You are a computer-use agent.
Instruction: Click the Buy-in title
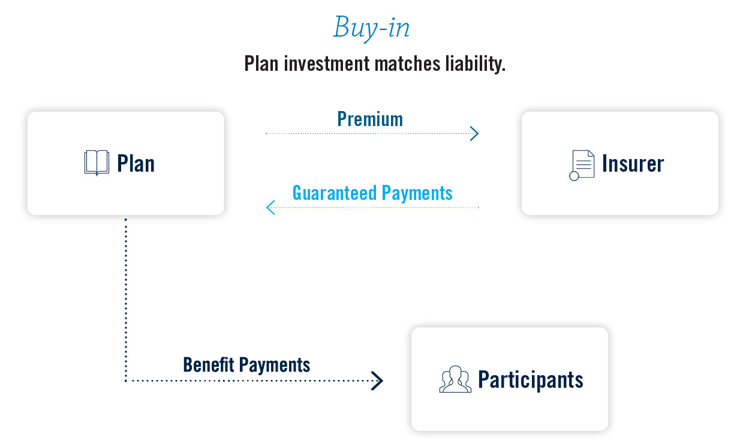click(372, 28)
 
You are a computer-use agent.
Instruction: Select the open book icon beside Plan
click(97, 163)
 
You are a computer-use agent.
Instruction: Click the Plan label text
click(136, 163)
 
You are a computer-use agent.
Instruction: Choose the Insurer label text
click(633, 164)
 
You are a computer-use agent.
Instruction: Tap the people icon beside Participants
click(455, 379)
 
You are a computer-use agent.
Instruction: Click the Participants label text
click(530, 380)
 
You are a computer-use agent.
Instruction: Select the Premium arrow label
click(370, 119)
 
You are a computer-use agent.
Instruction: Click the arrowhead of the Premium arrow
click(475, 133)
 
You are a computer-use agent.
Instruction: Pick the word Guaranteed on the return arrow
click(330, 193)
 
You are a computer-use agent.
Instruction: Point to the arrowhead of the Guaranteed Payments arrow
click(270, 207)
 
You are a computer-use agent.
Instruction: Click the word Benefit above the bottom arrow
click(208, 364)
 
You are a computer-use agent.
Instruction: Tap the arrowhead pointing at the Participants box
click(378, 380)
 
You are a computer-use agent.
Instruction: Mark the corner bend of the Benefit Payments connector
click(126, 380)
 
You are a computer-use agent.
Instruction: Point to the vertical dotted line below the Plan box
click(126, 300)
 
